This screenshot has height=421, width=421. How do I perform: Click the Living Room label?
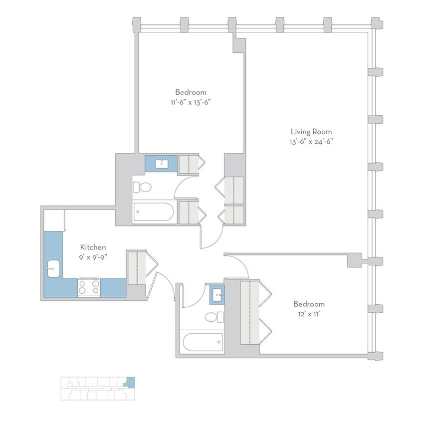pyautogui.click(x=311, y=132)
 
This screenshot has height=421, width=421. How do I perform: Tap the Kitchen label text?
pyautogui.click(x=93, y=247)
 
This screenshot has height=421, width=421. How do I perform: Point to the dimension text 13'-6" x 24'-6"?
pyautogui.click(x=311, y=141)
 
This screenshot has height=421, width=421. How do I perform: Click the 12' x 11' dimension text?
pyautogui.click(x=309, y=313)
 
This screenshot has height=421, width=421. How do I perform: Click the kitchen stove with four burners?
pyautogui.click(x=89, y=287)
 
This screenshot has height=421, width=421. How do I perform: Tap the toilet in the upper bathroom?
pyautogui.click(x=142, y=188)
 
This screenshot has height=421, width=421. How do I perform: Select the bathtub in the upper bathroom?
pyautogui.click(x=153, y=213)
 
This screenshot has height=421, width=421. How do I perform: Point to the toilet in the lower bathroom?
pyautogui.click(x=214, y=317)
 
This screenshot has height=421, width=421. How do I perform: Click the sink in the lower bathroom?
pyautogui.click(x=217, y=294)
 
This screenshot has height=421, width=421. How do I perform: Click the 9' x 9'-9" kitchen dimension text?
pyautogui.click(x=93, y=256)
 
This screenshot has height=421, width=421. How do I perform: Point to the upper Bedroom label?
pyautogui.click(x=190, y=92)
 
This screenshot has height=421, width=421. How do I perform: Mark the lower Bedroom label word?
pyautogui.click(x=309, y=304)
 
